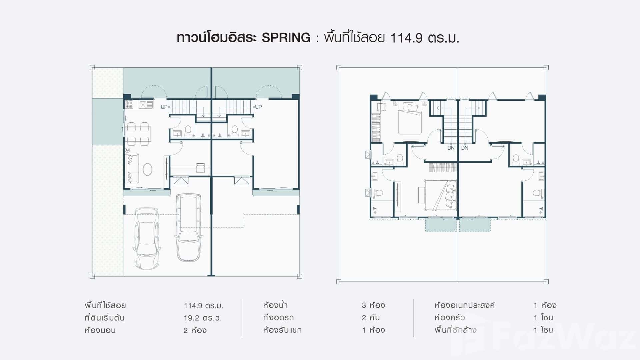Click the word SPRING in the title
pos(286,38)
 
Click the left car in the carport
pos(147,238)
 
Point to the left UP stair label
pos(164,107)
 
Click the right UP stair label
pos(258,107)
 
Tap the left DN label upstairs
pos(451,148)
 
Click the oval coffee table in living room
pos(148,169)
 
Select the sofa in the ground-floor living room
pos(132,168)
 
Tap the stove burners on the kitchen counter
pos(129,105)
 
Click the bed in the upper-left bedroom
pos(410,118)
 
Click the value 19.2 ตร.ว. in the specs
pos(203,318)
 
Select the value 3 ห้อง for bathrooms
pos(373,305)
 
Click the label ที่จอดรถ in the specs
pos(278,318)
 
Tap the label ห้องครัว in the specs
pos(450,318)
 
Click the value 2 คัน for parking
pos(371,318)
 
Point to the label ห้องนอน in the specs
pos(100,331)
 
